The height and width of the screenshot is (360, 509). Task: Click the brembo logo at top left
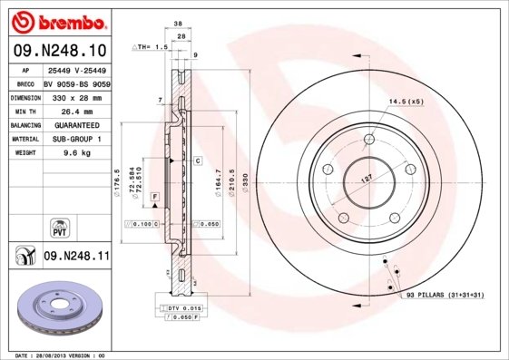pos(60,19)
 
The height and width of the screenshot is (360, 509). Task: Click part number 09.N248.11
pos(77,257)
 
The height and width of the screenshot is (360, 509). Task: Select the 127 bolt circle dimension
pos(367,178)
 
